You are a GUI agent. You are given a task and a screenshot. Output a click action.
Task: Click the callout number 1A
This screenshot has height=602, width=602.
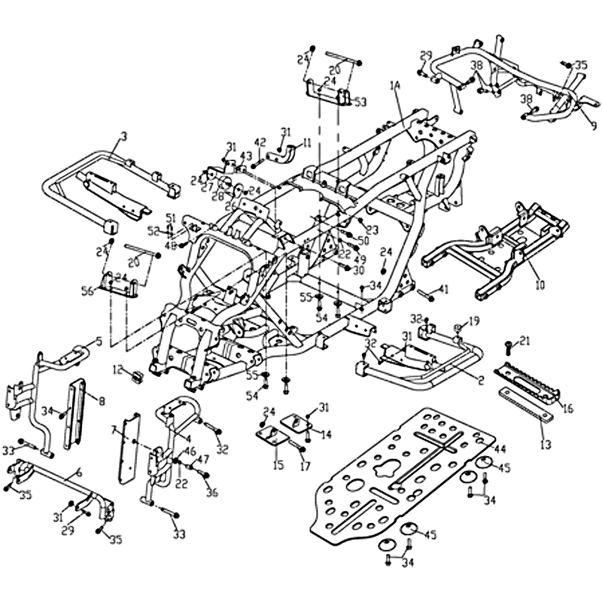[397, 86]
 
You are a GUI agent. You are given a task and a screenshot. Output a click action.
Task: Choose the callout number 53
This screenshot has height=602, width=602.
[360, 102]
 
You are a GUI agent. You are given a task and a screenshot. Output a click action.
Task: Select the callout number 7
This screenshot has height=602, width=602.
[114, 430]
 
